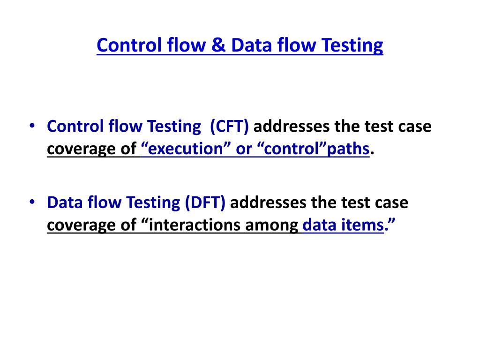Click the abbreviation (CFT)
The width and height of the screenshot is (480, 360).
(x=229, y=127)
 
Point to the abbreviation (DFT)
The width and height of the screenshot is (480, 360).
(x=205, y=203)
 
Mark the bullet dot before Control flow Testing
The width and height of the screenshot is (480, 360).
(x=32, y=126)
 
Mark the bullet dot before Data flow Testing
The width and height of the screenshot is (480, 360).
(x=32, y=202)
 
